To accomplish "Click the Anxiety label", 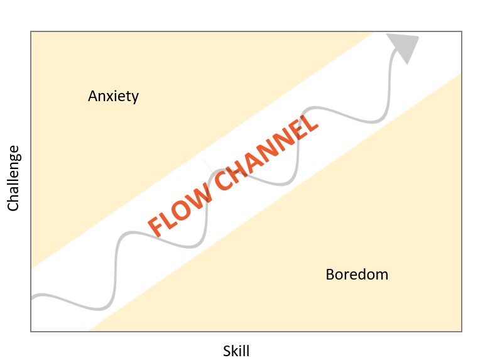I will coord(113,96).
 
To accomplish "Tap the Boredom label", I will coord(357,275).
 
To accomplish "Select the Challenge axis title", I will coord(14,178).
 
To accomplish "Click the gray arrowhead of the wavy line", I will coord(403,46).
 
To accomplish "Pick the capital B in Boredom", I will coord(330,275).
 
